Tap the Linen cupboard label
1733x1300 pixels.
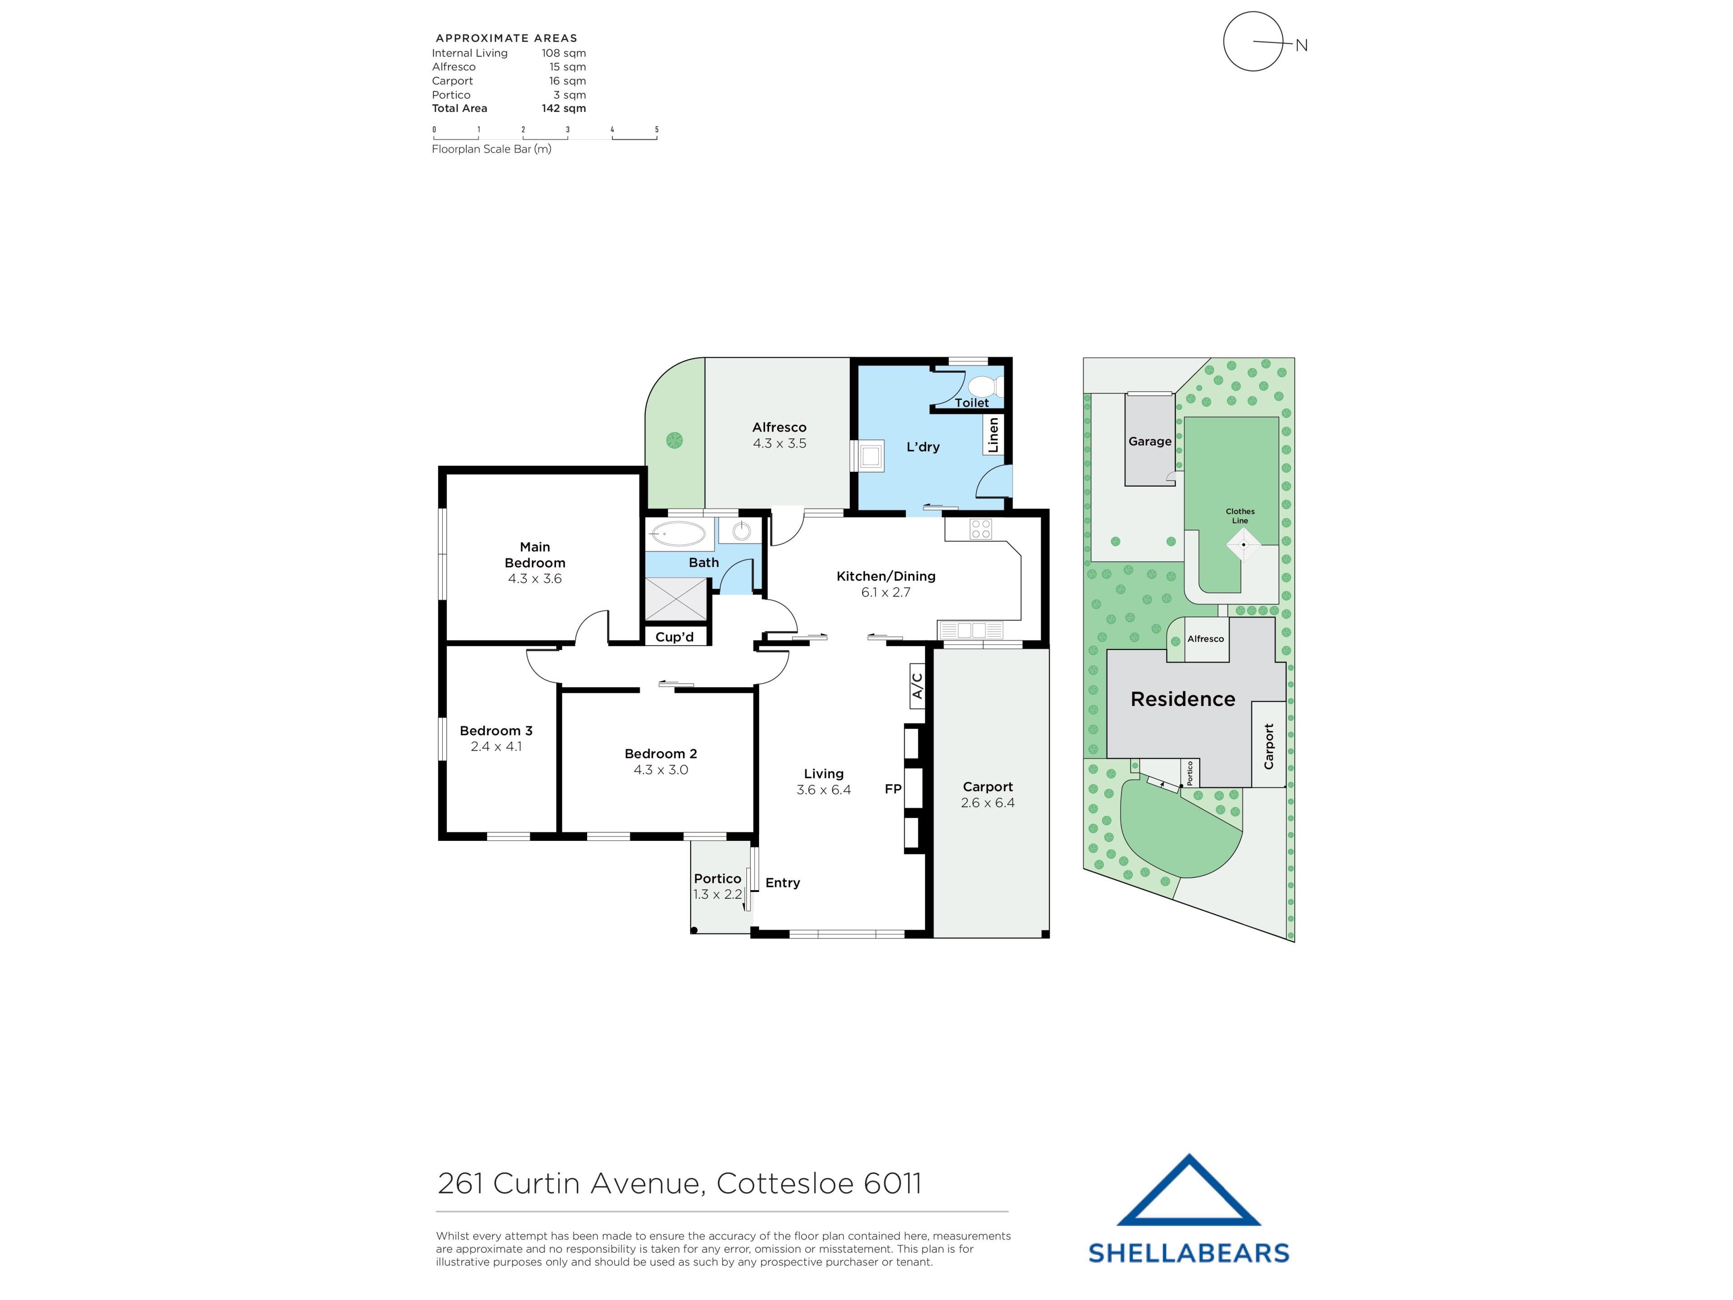coord(993,435)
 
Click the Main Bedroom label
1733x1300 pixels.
coord(535,555)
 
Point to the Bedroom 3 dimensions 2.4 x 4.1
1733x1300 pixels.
coord(496,747)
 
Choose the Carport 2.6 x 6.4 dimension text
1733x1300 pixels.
coord(988,803)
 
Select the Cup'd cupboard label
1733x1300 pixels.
coord(675,637)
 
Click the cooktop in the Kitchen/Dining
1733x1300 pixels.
coord(981,529)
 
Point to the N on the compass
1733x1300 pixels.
coord(1301,46)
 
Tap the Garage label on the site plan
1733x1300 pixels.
coord(1150,441)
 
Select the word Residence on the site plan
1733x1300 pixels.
coord(1183,699)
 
